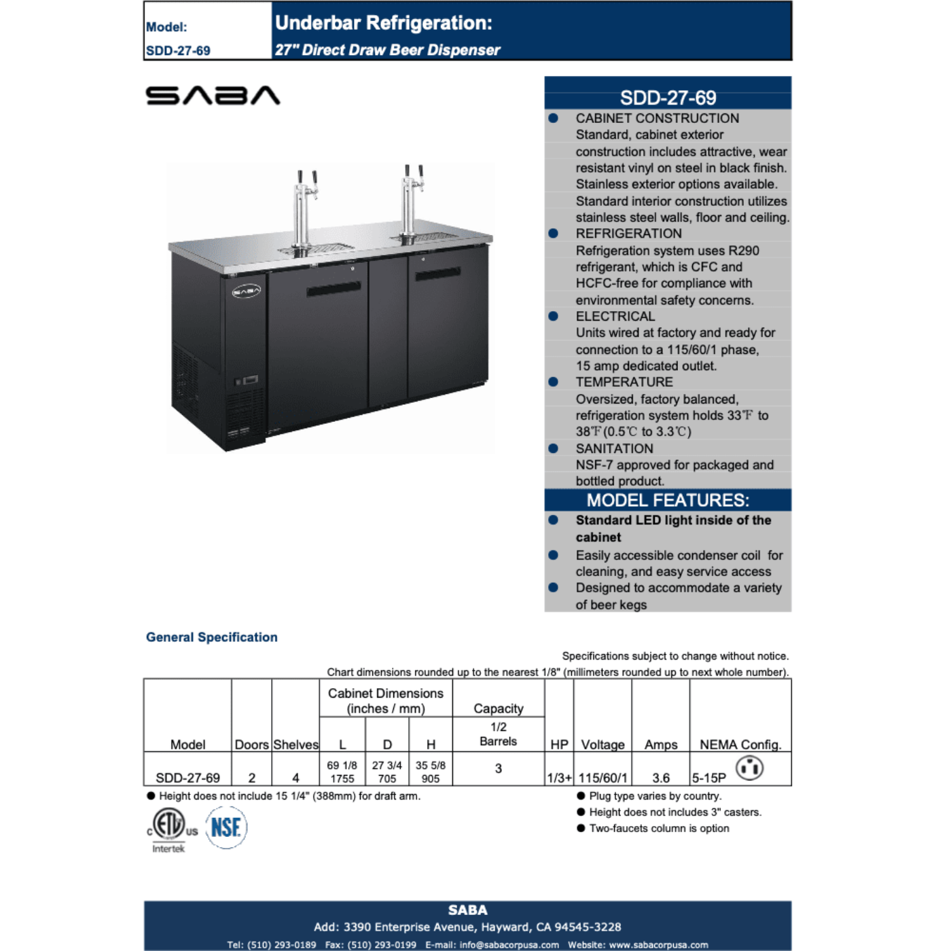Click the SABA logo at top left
tap(213, 95)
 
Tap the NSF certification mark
tap(226, 827)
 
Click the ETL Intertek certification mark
tap(168, 827)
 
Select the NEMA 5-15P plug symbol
tap(750, 768)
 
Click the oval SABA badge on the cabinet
tap(246, 291)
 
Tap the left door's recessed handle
tap(333, 289)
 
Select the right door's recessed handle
tap(438, 274)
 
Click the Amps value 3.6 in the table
tap(661, 778)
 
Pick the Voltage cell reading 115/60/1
tap(603, 778)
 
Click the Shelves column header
tap(295, 744)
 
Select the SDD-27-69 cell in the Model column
tap(187, 778)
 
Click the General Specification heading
tap(212, 637)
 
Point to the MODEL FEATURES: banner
tap(668, 501)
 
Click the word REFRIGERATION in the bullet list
tap(628, 234)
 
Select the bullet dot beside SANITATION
tap(554, 448)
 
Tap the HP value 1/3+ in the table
tap(559, 778)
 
